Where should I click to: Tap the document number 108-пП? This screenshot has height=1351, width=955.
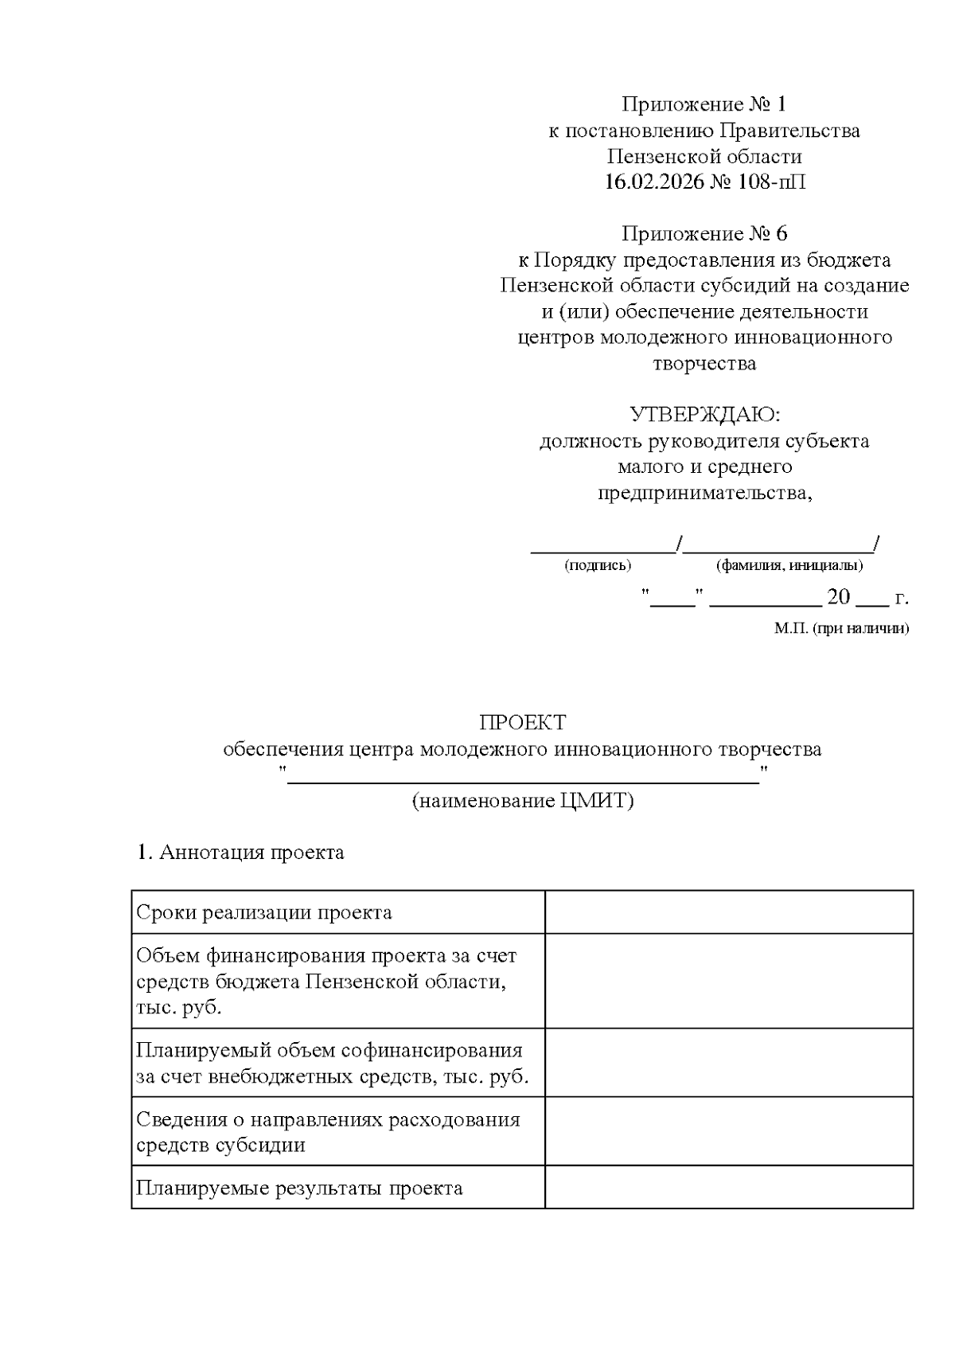coord(771,182)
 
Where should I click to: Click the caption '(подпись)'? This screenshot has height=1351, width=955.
coord(597,566)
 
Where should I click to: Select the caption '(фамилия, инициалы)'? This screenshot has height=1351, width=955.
coord(789,566)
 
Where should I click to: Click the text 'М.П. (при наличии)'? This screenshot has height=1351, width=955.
coord(841,628)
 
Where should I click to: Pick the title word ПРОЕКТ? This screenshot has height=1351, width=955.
coord(522,723)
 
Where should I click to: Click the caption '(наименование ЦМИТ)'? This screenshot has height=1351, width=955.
coord(522,801)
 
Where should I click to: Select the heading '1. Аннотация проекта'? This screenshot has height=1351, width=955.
coord(240,853)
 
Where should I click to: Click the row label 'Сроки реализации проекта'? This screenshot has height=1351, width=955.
coord(264,912)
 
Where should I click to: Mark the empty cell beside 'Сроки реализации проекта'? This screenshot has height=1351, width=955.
coord(728,912)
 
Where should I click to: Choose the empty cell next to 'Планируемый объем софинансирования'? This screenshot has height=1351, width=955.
coord(728,1063)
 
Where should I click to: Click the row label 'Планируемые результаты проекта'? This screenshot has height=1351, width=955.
coord(299,1189)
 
